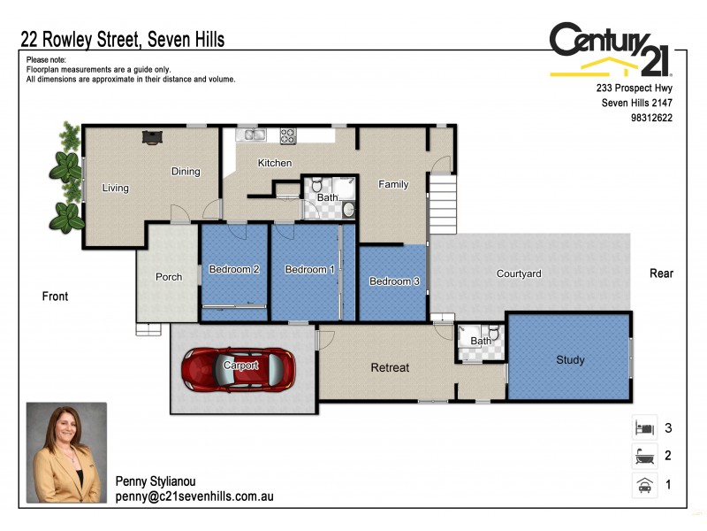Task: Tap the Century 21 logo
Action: coord(610,50)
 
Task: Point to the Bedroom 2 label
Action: coord(233,270)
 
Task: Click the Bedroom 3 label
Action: coord(394,281)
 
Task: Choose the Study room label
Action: coord(570,360)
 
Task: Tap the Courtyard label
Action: coord(519,274)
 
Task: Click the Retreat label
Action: coord(390,367)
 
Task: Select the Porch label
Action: coord(169,277)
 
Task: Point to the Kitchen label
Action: coord(275,163)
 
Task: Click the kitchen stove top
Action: coord(288,136)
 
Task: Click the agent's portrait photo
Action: coord(66,454)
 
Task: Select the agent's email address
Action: coord(194,497)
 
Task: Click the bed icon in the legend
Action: coord(644,428)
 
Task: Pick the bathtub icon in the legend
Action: coord(644,457)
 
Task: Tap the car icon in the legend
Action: coord(644,485)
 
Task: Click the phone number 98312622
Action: coord(652,117)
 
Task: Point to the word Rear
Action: coord(661,273)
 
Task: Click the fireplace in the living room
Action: coord(154,136)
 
